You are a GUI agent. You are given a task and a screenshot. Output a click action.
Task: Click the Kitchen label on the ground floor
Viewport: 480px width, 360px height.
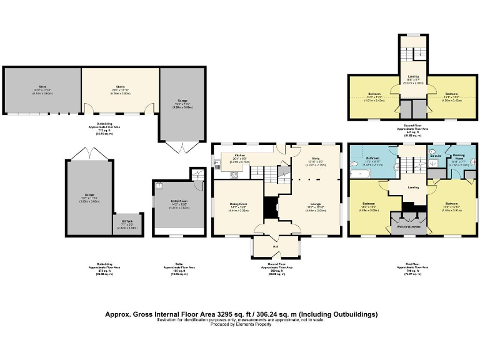point(240,156)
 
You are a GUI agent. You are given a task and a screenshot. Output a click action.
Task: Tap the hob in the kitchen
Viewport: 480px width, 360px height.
point(234,174)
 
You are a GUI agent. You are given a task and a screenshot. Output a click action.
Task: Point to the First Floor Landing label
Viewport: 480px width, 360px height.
point(413,187)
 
